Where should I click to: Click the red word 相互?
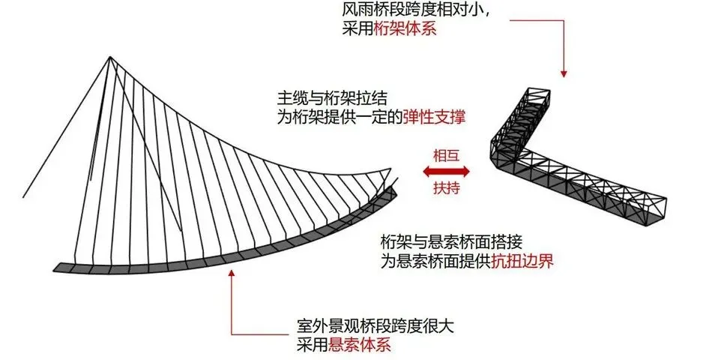coord(446,155)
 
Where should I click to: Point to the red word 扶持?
coord(446,188)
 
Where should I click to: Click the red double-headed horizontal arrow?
coord(446,172)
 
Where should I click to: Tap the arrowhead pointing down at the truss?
coord(564,73)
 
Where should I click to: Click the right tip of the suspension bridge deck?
coord(396,189)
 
